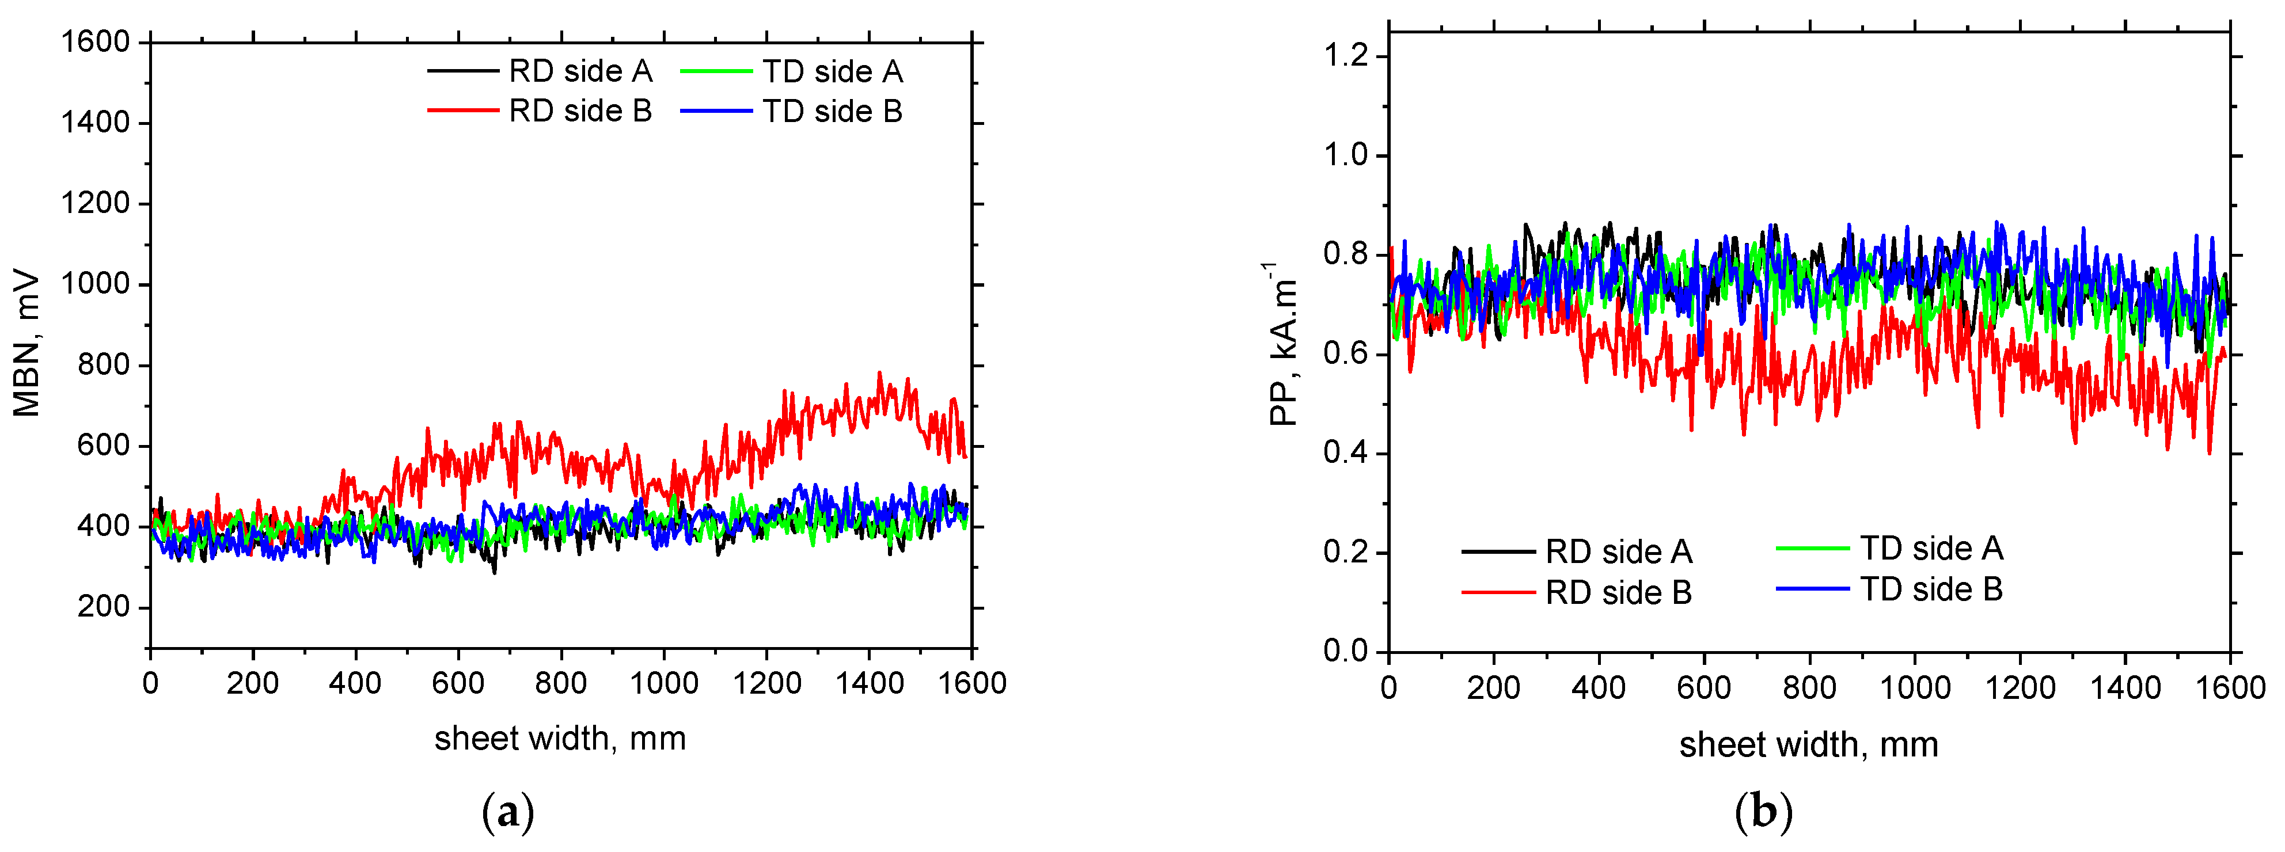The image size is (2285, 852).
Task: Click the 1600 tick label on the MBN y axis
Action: (x=95, y=41)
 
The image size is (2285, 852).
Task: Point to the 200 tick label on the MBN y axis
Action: (x=103, y=607)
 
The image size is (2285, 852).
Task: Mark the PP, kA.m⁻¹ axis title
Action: (x=1282, y=344)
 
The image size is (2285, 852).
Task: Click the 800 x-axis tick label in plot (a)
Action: (x=561, y=683)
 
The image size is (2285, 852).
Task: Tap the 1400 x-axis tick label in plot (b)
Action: (x=2125, y=687)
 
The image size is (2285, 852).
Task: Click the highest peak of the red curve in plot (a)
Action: (x=879, y=373)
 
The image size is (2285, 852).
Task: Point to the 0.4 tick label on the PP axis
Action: (x=1346, y=453)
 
